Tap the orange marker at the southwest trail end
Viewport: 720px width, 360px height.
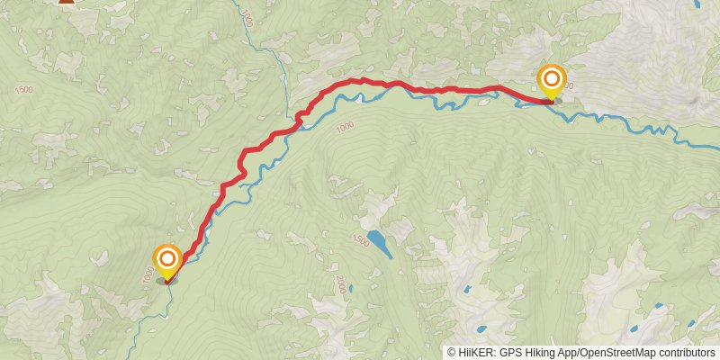tap(166, 260)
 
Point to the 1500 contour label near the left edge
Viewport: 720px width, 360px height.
tap(24, 89)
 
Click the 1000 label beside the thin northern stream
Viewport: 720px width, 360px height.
tap(247, 18)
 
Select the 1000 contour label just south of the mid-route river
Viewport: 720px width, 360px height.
tap(344, 128)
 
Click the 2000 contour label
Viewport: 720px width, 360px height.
tap(340, 284)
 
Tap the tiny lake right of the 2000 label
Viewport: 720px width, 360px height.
tap(352, 289)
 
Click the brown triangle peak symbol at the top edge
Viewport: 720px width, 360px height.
tap(66, 2)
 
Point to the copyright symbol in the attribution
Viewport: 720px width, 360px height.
tap(452, 352)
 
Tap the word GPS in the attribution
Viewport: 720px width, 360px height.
tap(510, 352)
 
